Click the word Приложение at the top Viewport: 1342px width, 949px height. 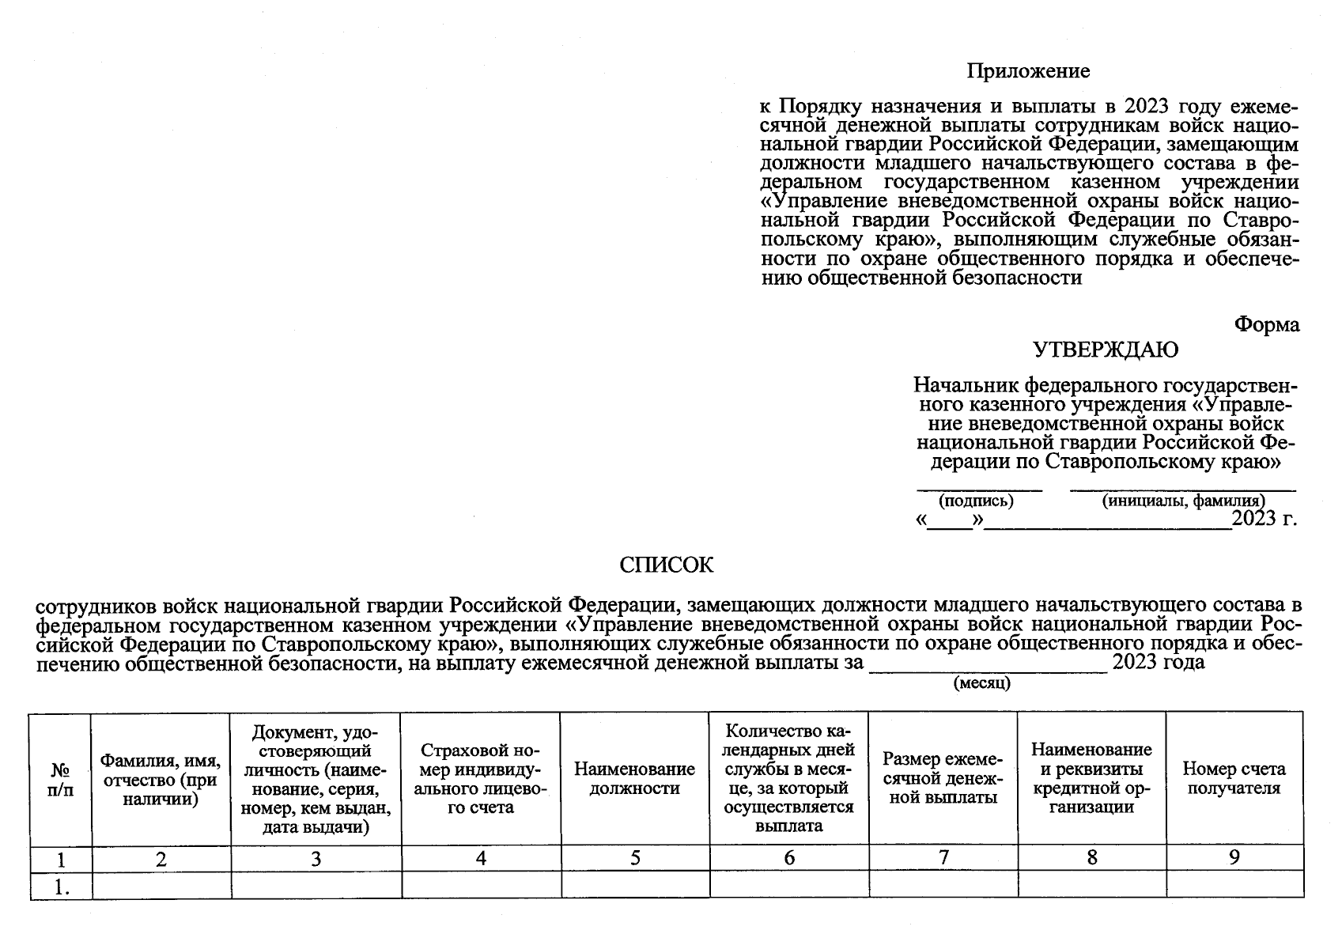[1027, 71]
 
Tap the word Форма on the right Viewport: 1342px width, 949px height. [1267, 324]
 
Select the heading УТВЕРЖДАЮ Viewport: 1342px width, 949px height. [1106, 350]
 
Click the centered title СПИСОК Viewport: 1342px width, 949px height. [666, 565]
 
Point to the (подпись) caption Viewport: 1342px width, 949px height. [975, 501]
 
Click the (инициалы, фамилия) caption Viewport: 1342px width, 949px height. [1183, 501]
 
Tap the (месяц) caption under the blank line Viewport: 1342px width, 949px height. [982, 683]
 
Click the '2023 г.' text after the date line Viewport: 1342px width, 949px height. [1265, 519]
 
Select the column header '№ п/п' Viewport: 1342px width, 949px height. [61, 779]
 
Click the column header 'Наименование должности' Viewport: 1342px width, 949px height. [634, 778]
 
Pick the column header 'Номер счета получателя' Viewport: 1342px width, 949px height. [1234, 778]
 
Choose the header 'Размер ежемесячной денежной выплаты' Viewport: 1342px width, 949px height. [943, 778]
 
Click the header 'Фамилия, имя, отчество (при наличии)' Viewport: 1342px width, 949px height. [161, 779]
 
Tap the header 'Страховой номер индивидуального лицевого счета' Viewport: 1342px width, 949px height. [481, 778]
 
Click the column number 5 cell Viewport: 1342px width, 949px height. [635, 858]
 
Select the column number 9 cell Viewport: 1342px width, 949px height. [1234, 857]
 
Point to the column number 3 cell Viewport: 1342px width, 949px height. [316, 858]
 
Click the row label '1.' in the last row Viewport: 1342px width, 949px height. [61, 887]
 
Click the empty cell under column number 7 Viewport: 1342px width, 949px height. [943, 884]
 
